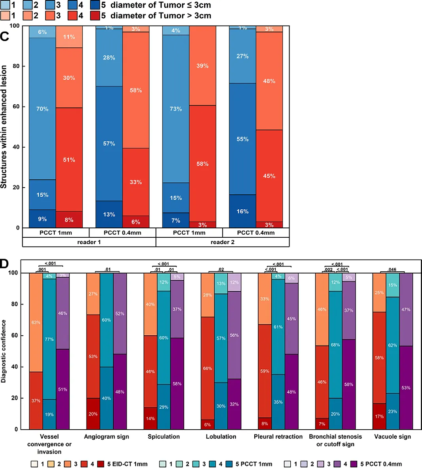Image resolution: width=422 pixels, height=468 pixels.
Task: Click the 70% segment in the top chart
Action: (42, 109)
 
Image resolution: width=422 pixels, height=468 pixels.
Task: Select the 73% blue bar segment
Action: (176, 109)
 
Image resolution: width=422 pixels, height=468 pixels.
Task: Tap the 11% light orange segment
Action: (69, 37)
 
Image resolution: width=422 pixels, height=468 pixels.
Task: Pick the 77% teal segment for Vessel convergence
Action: (49, 339)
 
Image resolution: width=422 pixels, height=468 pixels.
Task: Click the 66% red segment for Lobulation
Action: (207, 368)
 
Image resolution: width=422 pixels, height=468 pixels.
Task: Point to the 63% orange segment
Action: (36, 322)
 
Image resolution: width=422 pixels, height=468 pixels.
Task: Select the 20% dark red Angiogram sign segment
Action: (93, 414)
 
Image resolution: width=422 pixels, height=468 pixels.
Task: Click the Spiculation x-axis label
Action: (164, 436)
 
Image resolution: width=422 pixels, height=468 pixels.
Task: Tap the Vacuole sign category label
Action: (392, 436)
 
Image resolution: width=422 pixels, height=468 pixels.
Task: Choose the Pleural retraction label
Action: (278, 436)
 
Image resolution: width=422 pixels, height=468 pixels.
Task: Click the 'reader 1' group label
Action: (89, 242)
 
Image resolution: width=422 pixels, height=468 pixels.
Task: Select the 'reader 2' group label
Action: (222, 242)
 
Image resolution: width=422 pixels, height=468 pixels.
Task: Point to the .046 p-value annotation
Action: (392, 269)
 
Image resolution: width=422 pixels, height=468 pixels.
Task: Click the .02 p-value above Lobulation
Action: (221, 269)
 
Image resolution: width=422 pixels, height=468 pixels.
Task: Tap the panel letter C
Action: (4, 36)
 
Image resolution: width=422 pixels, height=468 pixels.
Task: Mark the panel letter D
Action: (4, 263)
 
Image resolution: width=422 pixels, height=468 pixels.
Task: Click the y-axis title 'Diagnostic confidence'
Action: (4, 351)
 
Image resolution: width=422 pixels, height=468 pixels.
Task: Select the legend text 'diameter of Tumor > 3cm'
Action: (161, 16)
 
